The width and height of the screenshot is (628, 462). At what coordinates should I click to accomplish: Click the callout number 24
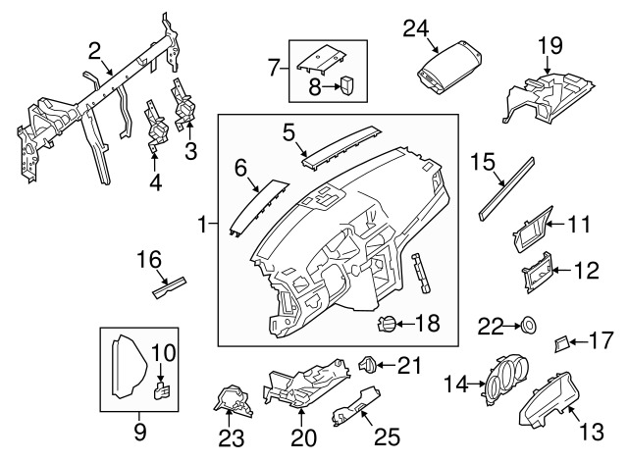(416, 29)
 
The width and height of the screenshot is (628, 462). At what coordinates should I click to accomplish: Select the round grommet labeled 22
(526, 323)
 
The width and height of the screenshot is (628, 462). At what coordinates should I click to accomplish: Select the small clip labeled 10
(162, 394)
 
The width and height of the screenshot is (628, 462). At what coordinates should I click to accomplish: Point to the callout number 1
(201, 226)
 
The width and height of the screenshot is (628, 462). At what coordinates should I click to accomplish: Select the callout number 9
(138, 431)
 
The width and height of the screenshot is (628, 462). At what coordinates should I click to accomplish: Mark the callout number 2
(94, 50)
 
